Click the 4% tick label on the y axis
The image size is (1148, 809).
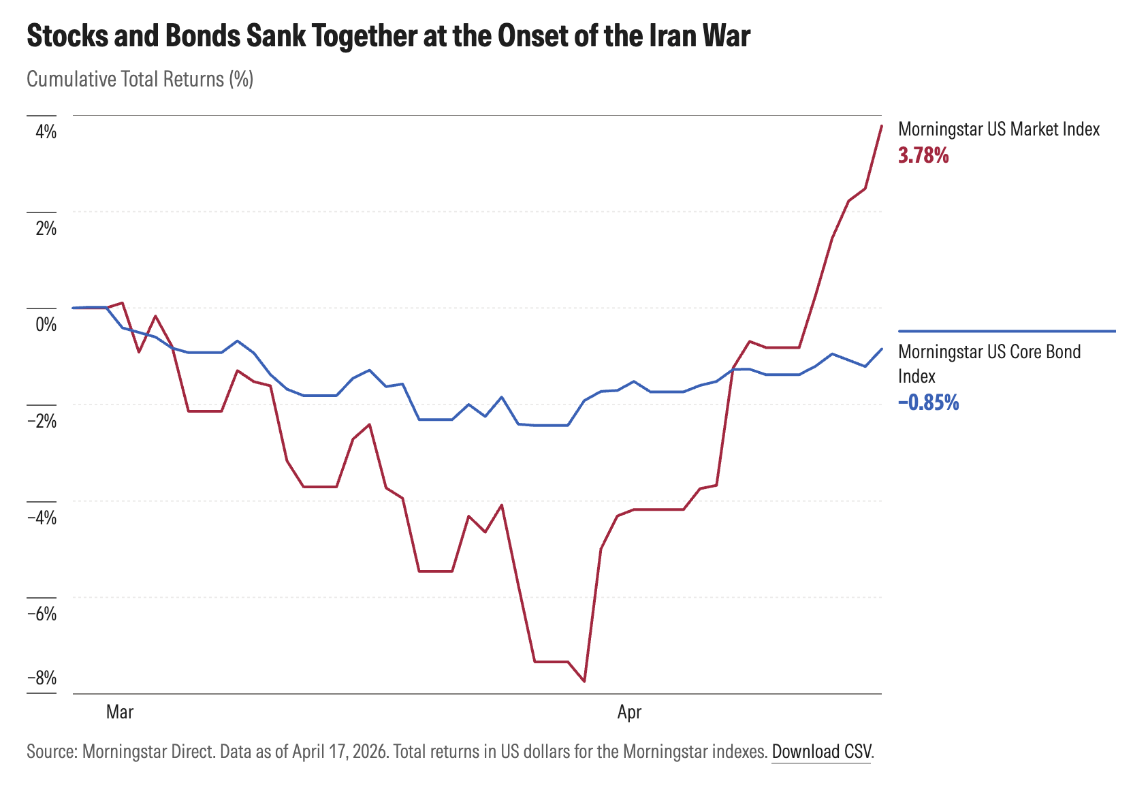click(x=46, y=131)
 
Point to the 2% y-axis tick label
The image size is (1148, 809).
click(x=46, y=228)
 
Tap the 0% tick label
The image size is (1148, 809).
click(x=46, y=324)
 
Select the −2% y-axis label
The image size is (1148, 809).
click(x=42, y=421)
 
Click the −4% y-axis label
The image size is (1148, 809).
click(x=42, y=518)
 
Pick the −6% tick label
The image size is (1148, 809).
click(x=42, y=614)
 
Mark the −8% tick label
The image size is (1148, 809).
click(x=42, y=678)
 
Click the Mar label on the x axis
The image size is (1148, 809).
click(x=120, y=712)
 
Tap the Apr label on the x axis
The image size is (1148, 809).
click(x=629, y=712)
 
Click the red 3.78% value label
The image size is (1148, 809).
click(x=923, y=156)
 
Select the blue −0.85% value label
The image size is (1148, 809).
click(x=928, y=403)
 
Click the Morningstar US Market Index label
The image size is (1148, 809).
click(x=999, y=129)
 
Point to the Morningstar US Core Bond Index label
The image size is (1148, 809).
click(x=989, y=364)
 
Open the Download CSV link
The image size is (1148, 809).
click(x=821, y=752)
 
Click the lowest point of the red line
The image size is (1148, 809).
click(x=584, y=681)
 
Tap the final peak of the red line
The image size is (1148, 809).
click(x=882, y=126)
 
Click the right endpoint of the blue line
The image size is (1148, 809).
click(x=882, y=349)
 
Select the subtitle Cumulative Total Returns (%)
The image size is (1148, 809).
click(x=140, y=80)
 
